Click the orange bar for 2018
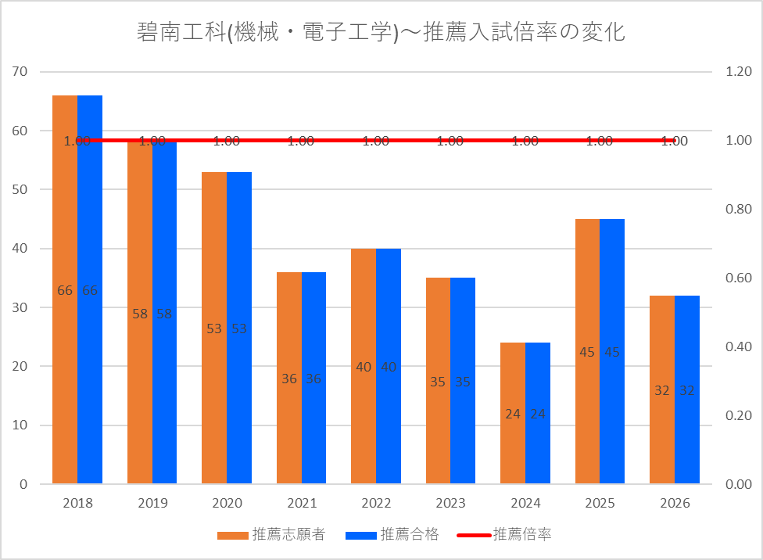(65, 289)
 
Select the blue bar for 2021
(313, 378)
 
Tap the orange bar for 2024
(513, 413)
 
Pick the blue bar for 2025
(612, 351)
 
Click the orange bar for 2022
(364, 366)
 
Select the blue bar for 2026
(687, 389)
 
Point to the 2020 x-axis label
(227, 503)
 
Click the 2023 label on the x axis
(450, 503)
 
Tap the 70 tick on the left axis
(20, 72)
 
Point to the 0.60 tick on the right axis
(739, 278)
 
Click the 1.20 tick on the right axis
(739, 72)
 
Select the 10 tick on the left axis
(20, 425)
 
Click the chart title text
(381, 32)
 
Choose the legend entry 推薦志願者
(271, 535)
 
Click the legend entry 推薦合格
(392, 535)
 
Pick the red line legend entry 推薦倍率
(504, 535)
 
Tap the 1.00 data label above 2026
(675, 142)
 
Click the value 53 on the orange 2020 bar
(214, 328)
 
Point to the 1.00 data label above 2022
(376, 142)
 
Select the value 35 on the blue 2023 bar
(463, 382)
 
